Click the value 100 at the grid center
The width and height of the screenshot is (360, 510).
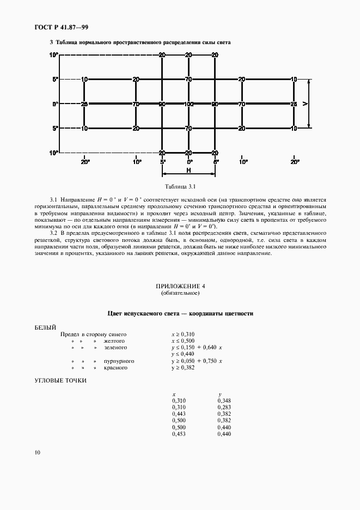click(x=188, y=104)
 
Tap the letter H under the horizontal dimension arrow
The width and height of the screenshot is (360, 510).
click(x=188, y=170)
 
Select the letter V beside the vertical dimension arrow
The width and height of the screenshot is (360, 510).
click(x=306, y=104)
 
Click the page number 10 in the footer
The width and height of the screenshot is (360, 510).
click(x=36, y=452)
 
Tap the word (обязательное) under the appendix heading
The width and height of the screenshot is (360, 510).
click(x=180, y=293)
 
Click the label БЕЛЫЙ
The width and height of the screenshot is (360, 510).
click(x=45, y=327)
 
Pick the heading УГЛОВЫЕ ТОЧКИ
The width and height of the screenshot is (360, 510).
click(x=60, y=380)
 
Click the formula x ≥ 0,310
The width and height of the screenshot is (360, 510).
click(x=184, y=333)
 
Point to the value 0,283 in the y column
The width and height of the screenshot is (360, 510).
click(x=224, y=406)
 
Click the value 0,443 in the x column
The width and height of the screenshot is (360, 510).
click(x=179, y=414)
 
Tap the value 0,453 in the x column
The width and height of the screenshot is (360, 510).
click(x=179, y=434)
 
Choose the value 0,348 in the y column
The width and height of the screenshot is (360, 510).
click(x=224, y=400)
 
